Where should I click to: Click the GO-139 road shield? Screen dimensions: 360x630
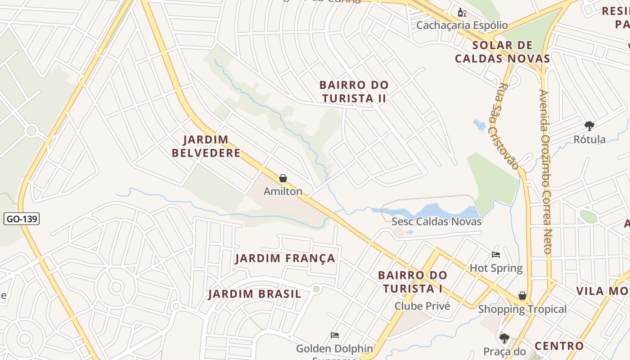22,219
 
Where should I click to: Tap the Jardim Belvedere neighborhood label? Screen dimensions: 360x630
206,146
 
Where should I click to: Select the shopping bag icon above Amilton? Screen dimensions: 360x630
283,179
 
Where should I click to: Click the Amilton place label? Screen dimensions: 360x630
283,191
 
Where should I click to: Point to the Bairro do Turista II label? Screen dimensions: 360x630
354,92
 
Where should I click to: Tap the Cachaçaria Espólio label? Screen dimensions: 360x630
462,25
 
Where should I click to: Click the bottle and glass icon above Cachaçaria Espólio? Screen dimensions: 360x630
462,12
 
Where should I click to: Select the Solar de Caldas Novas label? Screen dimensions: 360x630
502,52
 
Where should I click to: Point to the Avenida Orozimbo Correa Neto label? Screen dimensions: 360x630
545,171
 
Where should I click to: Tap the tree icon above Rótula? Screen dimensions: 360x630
589,126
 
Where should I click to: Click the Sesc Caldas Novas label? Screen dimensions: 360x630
436,221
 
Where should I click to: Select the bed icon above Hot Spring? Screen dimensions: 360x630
496,255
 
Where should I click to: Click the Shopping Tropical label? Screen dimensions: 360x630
522,309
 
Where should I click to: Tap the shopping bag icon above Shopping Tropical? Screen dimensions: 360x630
522,296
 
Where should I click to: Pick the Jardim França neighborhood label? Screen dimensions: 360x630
285,258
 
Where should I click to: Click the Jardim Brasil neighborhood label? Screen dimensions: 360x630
255,294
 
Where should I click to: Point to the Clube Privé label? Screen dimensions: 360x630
422,306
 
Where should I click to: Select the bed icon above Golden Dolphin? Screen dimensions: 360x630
334,335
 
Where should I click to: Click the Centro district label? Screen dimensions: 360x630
559,346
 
